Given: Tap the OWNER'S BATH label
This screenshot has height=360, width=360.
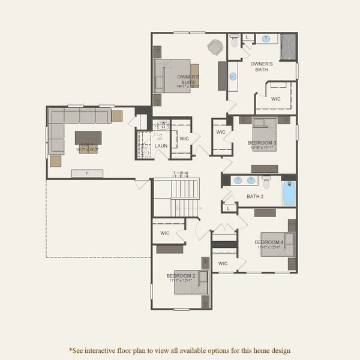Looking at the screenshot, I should point(262,67).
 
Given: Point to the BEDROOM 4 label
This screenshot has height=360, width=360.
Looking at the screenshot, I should point(269,242).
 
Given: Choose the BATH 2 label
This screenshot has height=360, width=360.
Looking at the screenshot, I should point(255,196).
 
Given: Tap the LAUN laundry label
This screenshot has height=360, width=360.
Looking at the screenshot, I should point(161,146).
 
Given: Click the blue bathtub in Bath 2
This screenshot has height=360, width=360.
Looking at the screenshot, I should point(289,193).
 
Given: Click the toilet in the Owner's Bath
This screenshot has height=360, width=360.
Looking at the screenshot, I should point(234,40).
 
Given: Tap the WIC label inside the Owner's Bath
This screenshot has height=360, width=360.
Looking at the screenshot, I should point(275,99).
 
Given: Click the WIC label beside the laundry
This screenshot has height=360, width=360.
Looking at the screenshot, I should point(184,139).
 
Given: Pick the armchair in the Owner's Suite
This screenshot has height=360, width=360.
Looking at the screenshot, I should point(214,46).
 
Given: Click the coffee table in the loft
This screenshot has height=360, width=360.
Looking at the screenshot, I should point(88,138).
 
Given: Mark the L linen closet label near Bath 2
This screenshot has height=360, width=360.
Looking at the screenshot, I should point(229,208).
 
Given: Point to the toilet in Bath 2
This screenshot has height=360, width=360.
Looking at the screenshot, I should point(266,179).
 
